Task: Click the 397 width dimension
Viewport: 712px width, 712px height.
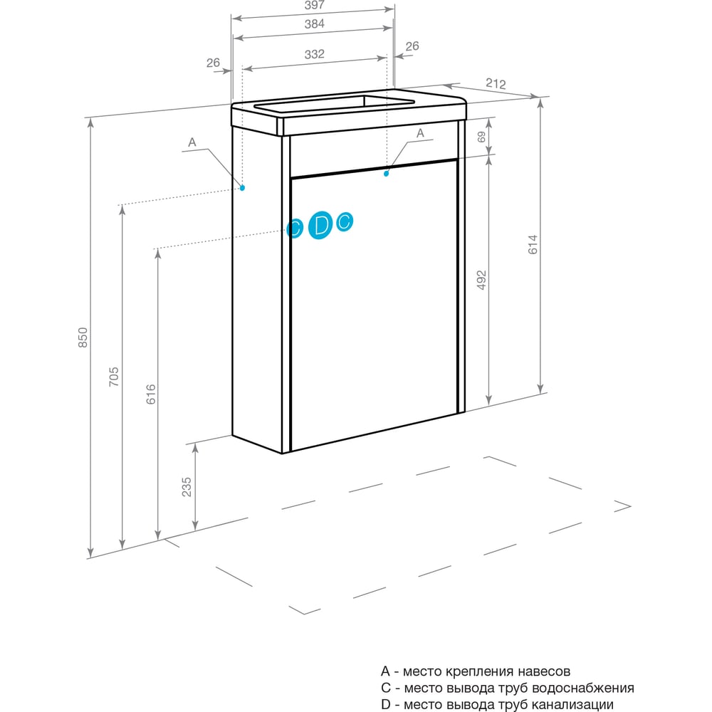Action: (x=314, y=5)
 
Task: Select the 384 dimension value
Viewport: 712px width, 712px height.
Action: (x=314, y=23)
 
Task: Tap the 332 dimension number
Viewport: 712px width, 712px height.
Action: (x=314, y=54)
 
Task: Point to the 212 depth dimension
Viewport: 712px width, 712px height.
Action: (x=496, y=83)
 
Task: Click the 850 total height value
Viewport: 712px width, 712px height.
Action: (x=83, y=337)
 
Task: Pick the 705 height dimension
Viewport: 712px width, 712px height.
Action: (x=114, y=377)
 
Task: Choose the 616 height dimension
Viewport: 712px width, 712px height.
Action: (x=151, y=394)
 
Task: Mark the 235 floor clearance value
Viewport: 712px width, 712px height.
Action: (x=187, y=487)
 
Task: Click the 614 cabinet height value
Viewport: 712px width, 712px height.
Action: (x=533, y=244)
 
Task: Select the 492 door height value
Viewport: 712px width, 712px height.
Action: (x=481, y=280)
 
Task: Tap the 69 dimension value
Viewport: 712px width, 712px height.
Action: (x=481, y=137)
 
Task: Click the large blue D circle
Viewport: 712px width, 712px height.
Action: (x=320, y=225)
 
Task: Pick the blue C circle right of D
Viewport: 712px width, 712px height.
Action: (x=345, y=221)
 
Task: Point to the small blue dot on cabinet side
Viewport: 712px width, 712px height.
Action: (x=243, y=187)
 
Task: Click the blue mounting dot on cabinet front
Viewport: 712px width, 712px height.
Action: (x=387, y=174)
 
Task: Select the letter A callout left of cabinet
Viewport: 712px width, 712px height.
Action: (x=192, y=142)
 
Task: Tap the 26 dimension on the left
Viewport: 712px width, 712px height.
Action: (x=213, y=63)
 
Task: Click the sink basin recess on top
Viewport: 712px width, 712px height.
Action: (x=334, y=103)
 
